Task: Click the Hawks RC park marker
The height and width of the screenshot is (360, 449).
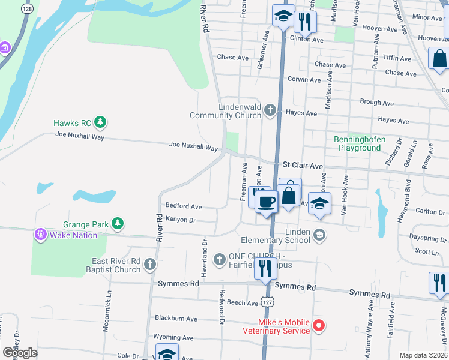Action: (x=100, y=123)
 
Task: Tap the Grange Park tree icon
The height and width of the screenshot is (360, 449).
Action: (x=118, y=224)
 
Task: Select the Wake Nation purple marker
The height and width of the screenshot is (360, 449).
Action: (x=40, y=235)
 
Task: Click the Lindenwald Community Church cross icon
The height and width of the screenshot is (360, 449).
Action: (x=270, y=110)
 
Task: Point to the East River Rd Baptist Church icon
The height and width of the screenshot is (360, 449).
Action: (x=149, y=265)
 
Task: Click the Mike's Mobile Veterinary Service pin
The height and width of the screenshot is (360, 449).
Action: (x=319, y=326)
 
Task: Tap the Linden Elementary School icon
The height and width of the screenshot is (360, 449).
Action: (x=320, y=235)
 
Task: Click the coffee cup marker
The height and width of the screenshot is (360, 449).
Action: (x=266, y=202)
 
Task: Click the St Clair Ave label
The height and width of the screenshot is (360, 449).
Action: (x=303, y=164)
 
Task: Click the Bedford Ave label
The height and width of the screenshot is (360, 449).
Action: (x=184, y=206)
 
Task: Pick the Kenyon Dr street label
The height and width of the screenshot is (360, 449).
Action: (x=181, y=220)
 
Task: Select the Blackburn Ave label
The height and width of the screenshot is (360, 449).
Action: (x=176, y=318)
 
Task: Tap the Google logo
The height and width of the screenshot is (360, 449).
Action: (x=20, y=352)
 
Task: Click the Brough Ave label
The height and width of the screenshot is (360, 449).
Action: (x=377, y=103)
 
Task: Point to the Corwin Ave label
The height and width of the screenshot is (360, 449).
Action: (x=304, y=79)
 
